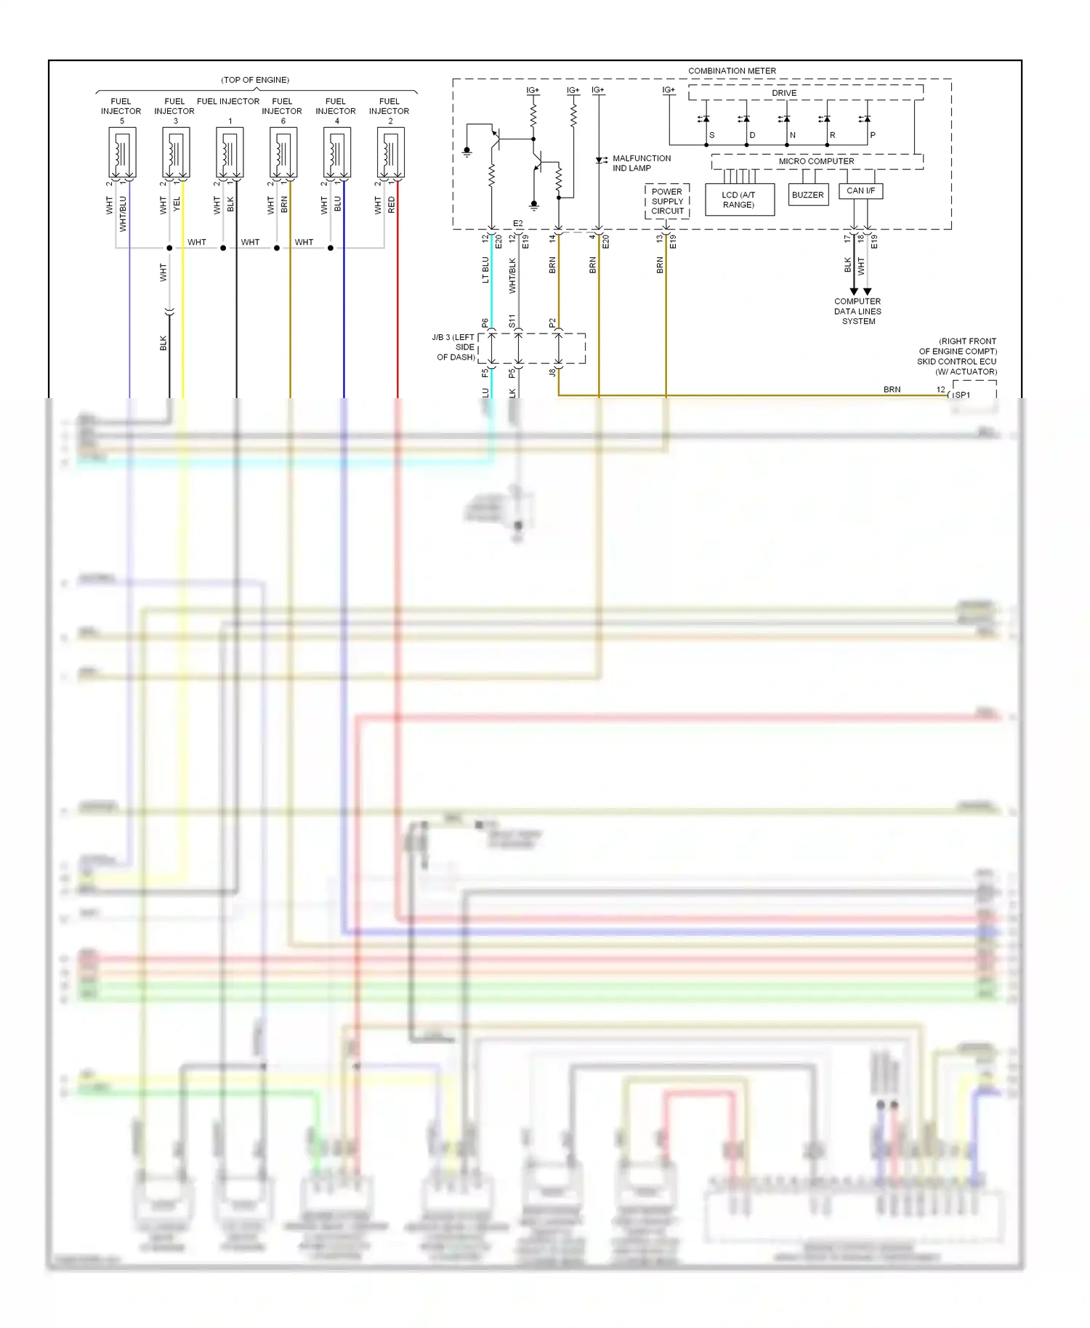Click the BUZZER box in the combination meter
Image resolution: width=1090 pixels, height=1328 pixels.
(808, 195)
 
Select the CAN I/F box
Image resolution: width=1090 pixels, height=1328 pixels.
(860, 190)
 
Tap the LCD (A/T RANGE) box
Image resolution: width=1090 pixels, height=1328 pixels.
(739, 200)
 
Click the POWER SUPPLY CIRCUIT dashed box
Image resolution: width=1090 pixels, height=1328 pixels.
(667, 201)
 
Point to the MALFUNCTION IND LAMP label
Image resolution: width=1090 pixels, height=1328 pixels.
(641, 163)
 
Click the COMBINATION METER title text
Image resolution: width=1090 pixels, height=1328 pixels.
(732, 70)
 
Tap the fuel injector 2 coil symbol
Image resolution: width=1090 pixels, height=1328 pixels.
(390, 153)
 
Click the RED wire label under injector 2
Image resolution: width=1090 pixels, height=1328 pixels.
(392, 205)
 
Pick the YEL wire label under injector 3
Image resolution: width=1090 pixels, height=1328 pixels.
(177, 205)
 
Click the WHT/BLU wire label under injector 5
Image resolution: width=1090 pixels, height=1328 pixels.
(123, 214)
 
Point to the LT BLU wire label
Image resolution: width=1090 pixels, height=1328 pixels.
(485, 270)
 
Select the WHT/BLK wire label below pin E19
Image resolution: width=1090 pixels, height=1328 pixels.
(512, 275)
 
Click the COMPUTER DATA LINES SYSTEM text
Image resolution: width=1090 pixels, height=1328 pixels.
(857, 311)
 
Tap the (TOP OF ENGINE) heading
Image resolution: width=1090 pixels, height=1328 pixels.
(255, 80)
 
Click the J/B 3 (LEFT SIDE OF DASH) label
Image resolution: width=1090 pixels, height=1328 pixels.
(454, 347)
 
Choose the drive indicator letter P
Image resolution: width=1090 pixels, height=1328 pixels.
(873, 135)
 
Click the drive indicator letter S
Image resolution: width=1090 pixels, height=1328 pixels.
(711, 135)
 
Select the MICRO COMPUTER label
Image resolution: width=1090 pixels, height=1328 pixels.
(816, 161)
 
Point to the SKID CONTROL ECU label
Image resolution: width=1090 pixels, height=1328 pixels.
(956, 361)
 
